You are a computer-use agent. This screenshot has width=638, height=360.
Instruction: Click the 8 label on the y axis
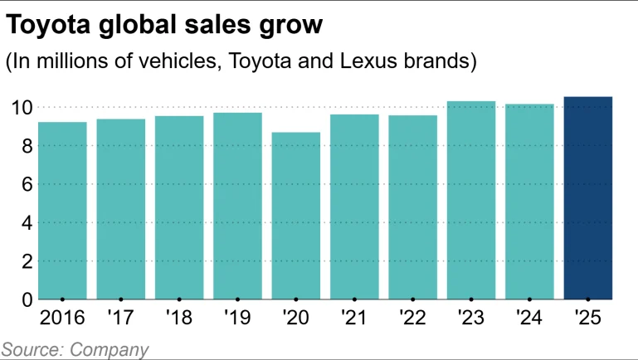27,146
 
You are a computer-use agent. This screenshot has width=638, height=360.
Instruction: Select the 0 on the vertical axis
27,299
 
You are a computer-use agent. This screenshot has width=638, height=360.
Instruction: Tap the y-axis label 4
27,222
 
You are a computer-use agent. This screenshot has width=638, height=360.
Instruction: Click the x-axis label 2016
62,318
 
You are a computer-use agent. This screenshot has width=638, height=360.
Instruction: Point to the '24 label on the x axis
528,318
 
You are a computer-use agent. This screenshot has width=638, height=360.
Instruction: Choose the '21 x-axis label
353,318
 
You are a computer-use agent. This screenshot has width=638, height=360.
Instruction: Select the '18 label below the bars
178,318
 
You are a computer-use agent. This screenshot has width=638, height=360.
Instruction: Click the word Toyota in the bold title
51,25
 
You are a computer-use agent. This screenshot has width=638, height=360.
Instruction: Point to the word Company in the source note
110,349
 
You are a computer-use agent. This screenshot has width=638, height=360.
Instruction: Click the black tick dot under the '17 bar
121,299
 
